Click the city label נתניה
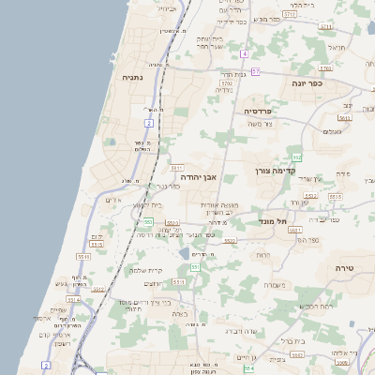133,78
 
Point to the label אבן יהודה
197,175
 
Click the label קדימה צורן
275,171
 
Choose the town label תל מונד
273,221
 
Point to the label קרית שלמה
145,270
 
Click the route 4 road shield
244,54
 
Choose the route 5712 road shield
325,27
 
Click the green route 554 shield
247,367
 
